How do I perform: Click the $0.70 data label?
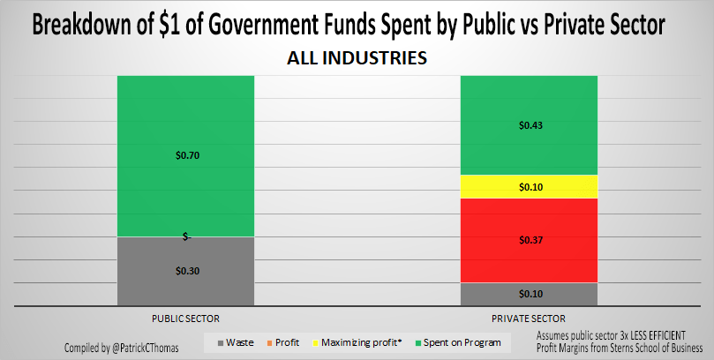185,155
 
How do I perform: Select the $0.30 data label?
185,272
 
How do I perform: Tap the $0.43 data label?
530,126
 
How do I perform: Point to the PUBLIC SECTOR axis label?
185,318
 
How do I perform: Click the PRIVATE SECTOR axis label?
530,318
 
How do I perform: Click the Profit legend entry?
283,342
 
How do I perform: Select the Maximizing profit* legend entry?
357,342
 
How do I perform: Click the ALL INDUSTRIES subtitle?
357,58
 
